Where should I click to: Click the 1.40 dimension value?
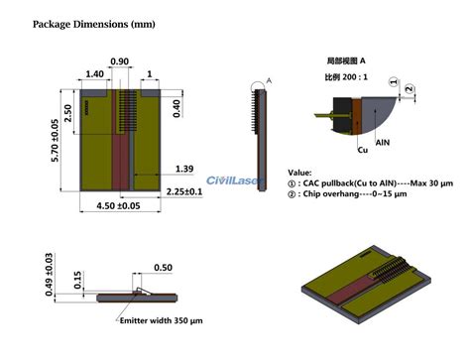[x=96, y=73]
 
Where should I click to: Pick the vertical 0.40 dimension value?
[x=176, y=105]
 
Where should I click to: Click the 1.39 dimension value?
[x=182, y=170]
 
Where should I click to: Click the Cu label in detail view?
[x=363, y=152]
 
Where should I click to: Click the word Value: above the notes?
[x=300, y=172]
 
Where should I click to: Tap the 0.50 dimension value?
[x=162, y=267]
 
